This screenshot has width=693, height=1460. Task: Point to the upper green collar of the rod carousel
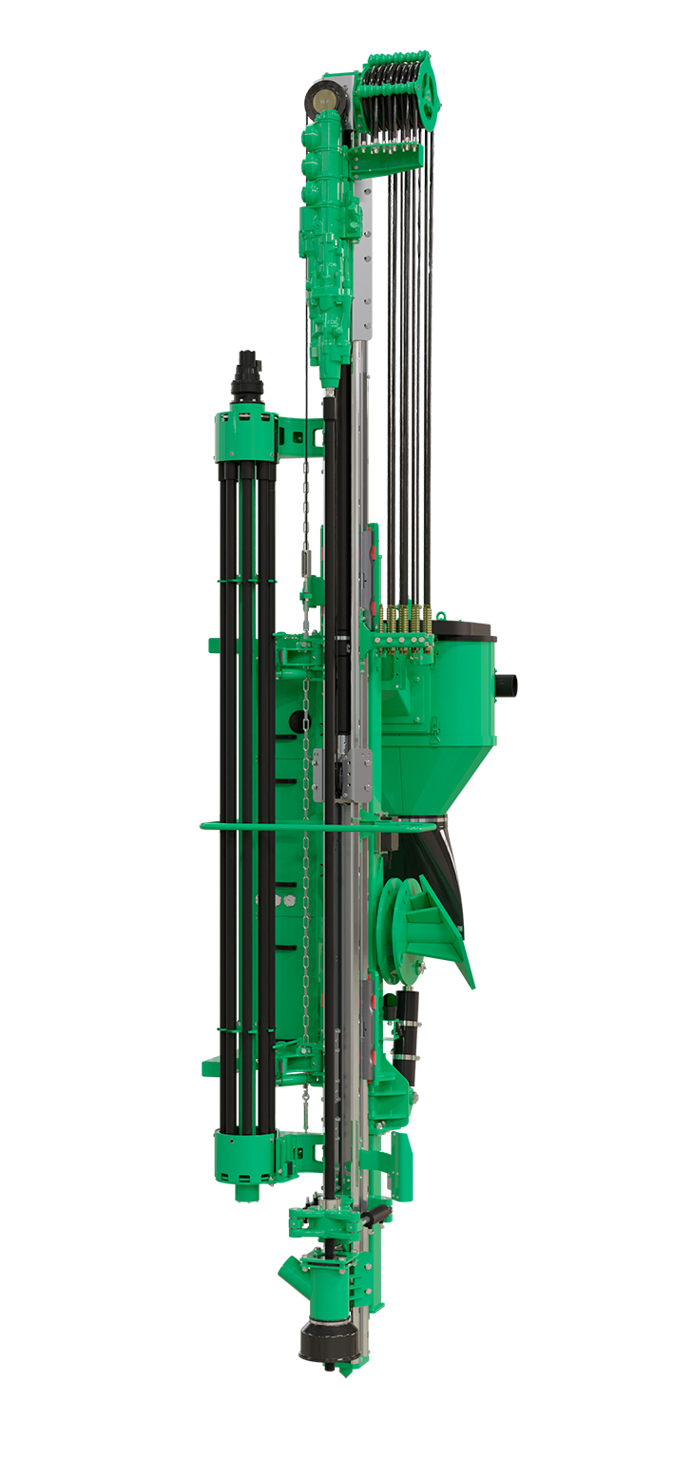point(246,432)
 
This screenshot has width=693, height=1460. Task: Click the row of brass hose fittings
point(403,619)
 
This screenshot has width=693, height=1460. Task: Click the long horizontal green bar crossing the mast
point(285,827)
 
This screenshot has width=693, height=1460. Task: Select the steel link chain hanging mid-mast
point(306,855)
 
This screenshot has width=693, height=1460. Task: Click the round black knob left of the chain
point(296,721)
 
